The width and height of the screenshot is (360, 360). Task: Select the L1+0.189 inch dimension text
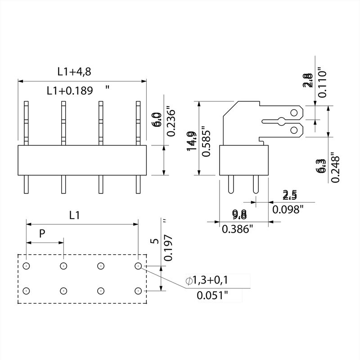tap(70, 90)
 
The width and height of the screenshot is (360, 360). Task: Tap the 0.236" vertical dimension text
tap(171, 121)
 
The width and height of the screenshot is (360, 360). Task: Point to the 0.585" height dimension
tap(207, 141)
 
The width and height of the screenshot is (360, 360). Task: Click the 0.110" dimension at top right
tap(321, 83)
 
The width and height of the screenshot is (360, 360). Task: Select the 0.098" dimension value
tap(288, 209)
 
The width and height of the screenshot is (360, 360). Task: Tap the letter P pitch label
tap(42, 233)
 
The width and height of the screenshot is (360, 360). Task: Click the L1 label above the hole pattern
tap(75, 216)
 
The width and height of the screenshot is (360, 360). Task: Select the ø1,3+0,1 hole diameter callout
tap(207, 281)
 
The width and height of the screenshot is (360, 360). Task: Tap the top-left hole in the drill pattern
tap(27, 266)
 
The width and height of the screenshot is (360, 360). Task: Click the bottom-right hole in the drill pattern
tap(138, 290)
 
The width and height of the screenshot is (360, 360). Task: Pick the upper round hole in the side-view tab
tap(295, 112)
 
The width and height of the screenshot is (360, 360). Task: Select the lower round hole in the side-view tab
tap(295, 130)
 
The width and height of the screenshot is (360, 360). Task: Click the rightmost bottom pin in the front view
tap(138, 184)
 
